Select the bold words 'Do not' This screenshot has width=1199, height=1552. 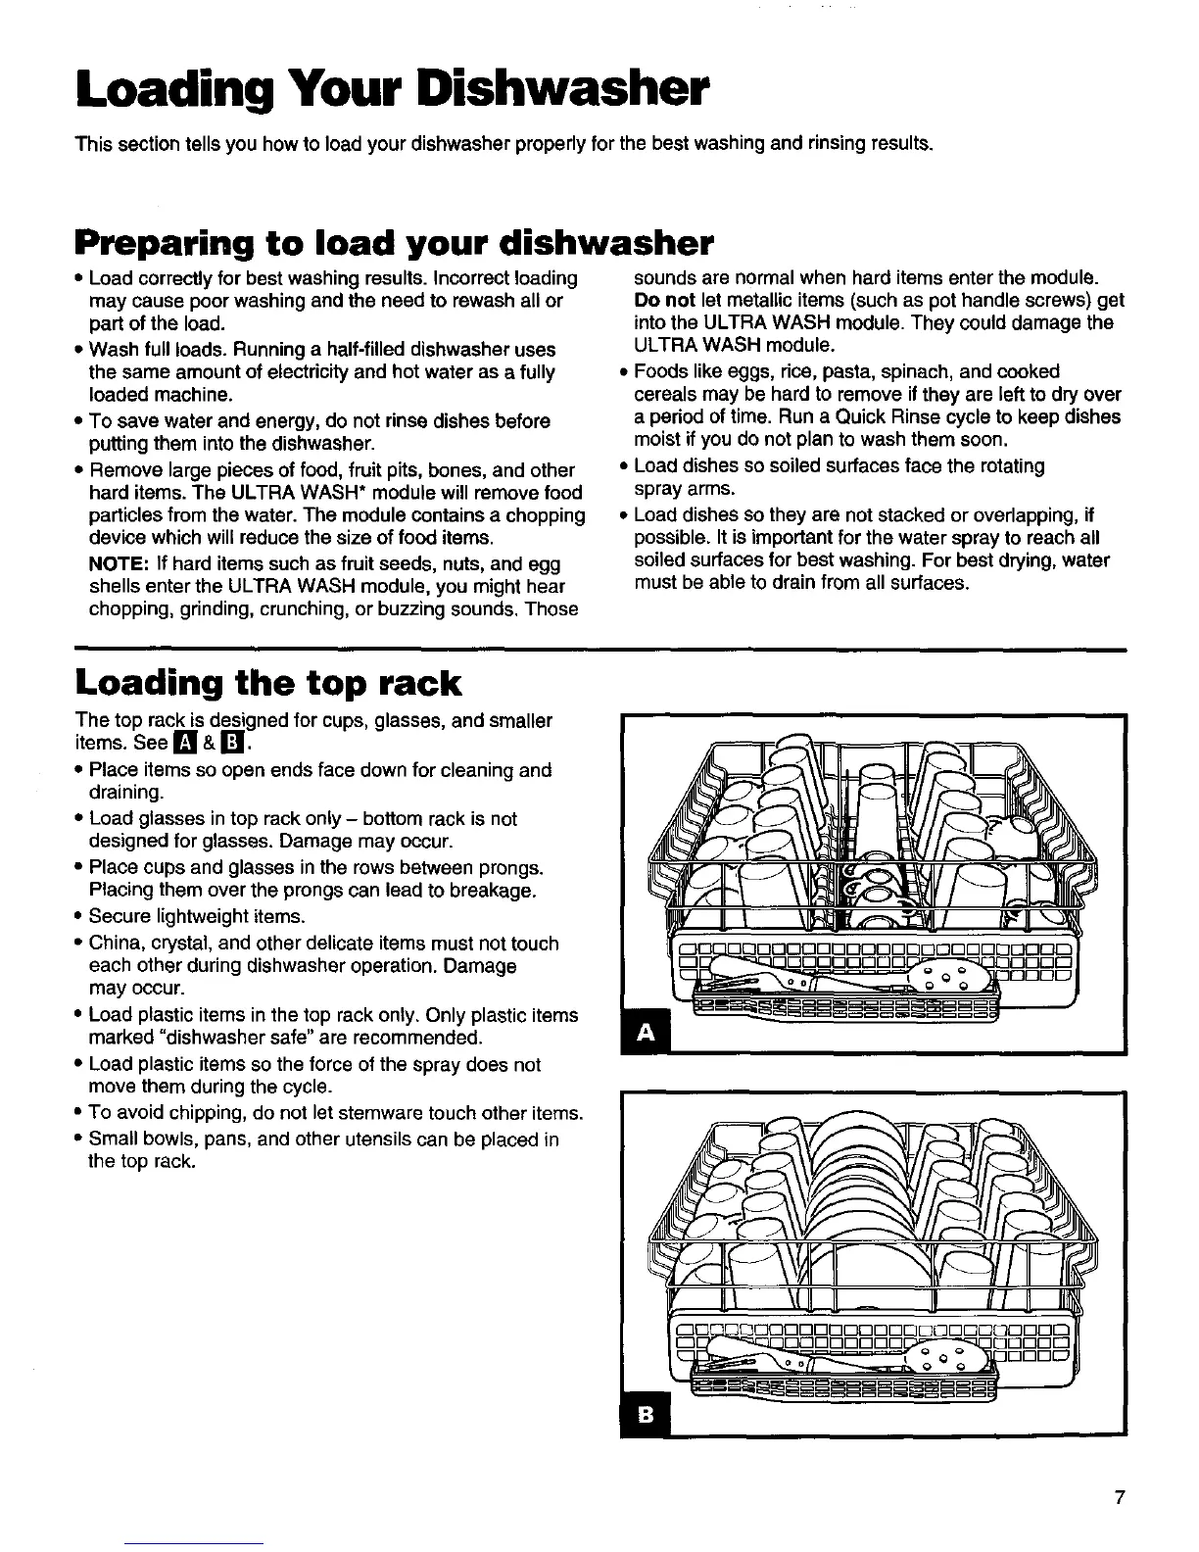click(x=665, y=300)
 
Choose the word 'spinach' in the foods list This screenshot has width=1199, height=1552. click(x=903, y=371)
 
